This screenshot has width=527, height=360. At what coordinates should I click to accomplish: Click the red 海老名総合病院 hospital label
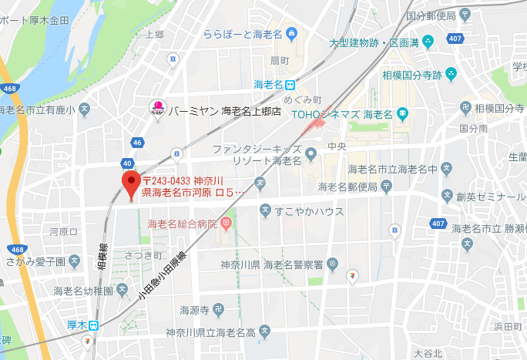click(182, 224)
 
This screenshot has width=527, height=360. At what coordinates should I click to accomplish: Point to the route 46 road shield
click(136, 143)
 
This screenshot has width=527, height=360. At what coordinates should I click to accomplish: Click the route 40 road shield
click(126, 163)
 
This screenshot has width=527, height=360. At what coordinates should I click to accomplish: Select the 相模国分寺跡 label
click(412, 74)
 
